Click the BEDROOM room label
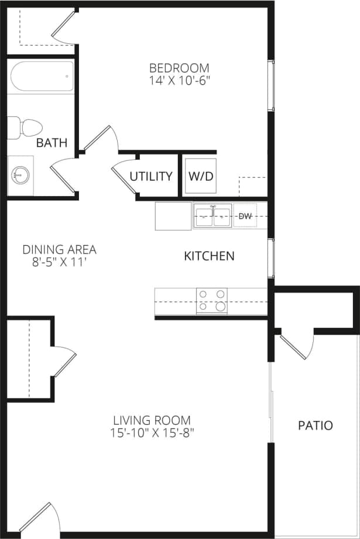(179, 67)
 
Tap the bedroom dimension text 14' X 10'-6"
(179, 81)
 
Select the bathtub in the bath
(41, 76)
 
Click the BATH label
(52, 143)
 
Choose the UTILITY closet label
(151, 176)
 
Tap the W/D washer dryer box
(201, 176)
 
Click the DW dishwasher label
(245, 217)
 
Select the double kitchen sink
(212, 217)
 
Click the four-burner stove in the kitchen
(211, 300)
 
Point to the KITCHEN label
(209, 256)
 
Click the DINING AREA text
(59, 250)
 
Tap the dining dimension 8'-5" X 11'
(59, 263)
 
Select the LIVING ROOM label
(152, 420)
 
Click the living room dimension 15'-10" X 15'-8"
(152, 434)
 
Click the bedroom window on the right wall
(270, 85)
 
